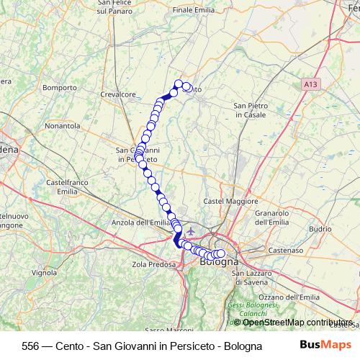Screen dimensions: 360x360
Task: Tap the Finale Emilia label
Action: click(x=194, y=10)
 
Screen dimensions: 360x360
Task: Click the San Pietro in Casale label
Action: click(x=251, y=110)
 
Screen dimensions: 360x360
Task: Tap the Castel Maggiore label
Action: click(x=230, y=201)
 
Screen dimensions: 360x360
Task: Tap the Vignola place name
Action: click(x=44, y=273)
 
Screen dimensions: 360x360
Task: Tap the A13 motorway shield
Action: click(x=310, y=84)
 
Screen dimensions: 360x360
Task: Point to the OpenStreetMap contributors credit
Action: click(x=297, y=322)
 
